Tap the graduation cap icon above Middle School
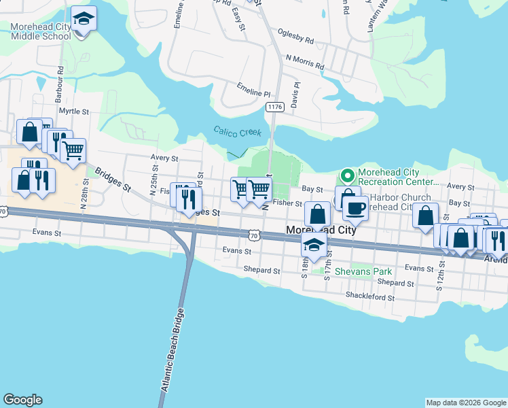click(x=84, y=18)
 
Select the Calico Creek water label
click(x=237, y=132)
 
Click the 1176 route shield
click(x=275, y=107)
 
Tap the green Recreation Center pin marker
click(x=348, y=177)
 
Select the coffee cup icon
click(x=355, y=207)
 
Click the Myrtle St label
click(x=74, y=111)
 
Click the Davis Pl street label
click(x=295, y=95)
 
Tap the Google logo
click(x=22, y=400)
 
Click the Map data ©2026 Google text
click(x=465, y=403)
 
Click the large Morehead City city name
click(x=321, y=230)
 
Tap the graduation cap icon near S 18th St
click(x=314, y=245)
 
